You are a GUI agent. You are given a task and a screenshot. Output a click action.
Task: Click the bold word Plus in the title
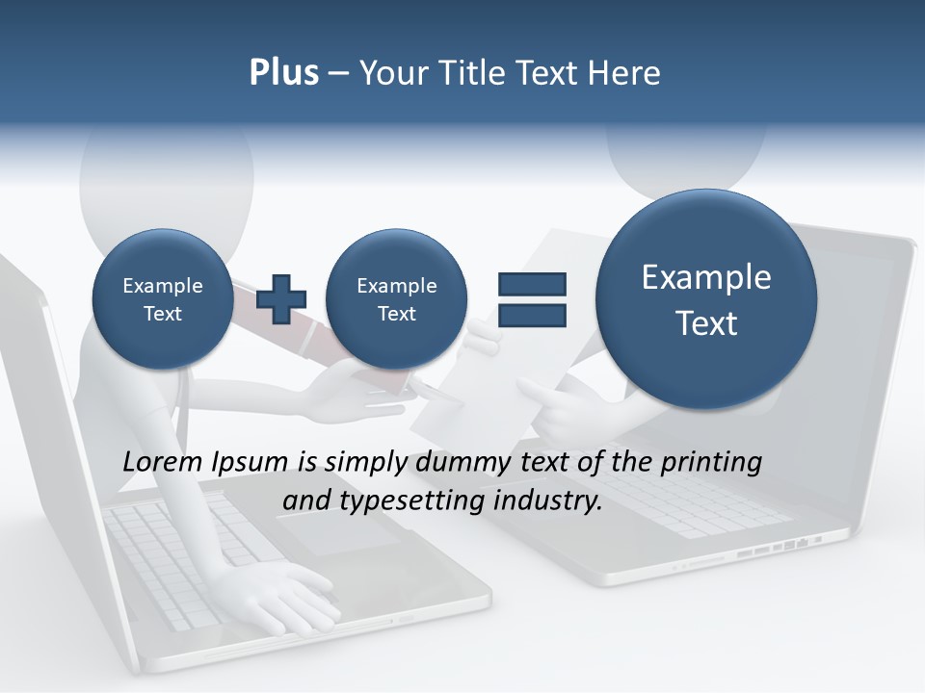click(283, 73)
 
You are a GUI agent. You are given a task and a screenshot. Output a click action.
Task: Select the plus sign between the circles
click(281, 298)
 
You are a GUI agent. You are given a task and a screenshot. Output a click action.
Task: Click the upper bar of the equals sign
click(531, 284)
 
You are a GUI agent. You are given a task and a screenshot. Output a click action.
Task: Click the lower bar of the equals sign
click(531, 315)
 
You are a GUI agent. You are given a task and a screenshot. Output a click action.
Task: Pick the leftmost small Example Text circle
click(163, 299)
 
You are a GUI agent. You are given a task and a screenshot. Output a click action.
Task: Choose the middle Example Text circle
click(396, 299)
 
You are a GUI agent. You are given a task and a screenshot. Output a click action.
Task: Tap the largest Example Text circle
click(706, 299)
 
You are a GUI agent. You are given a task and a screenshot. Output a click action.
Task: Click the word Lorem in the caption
click(162, 462)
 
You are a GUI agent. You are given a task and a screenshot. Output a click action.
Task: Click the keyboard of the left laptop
click(183, 558)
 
